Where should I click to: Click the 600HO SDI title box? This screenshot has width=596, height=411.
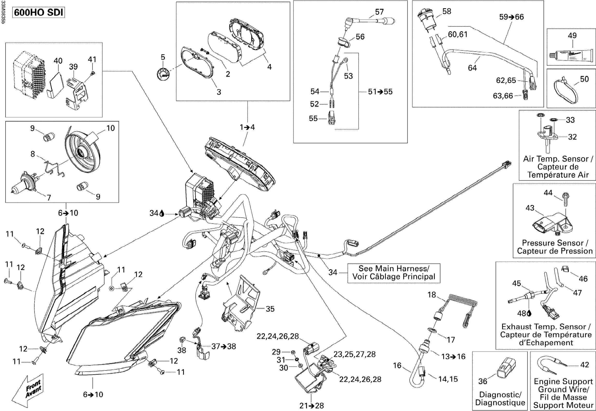click(x=38, y=12)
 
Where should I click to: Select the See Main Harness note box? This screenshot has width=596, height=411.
click(x=394, y=273)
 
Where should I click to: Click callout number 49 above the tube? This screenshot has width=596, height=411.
click(x=572, y=36)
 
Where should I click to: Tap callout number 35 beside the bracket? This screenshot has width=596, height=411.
click(x=270, y=309)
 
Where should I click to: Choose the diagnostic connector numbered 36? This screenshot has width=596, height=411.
click(x=505, y=368)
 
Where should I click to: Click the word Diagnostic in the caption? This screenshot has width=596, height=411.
click(x=500, y=395)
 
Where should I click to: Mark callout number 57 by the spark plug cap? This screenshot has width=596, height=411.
click(x=379, y=12)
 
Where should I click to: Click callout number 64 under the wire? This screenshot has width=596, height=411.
click(x=472, y=68)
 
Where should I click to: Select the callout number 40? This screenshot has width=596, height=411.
click(x=58, y=61)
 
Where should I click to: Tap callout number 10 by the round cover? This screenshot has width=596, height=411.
click(x=111, y=128)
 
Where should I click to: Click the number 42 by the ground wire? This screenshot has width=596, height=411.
click(x=585, y=364)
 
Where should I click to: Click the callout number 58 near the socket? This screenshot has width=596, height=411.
click(x=447, y=11)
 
